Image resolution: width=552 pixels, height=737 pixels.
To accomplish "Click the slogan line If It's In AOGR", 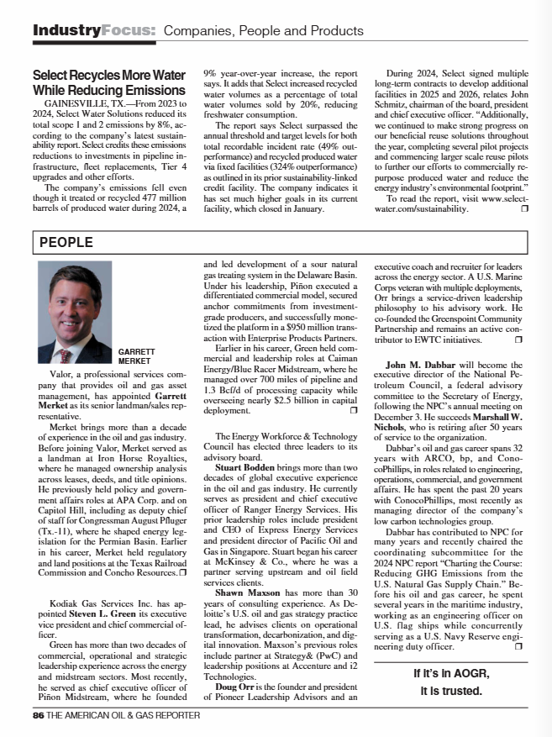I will tap(451, 673).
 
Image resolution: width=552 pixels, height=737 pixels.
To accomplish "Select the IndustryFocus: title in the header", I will tap(94, 30).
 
